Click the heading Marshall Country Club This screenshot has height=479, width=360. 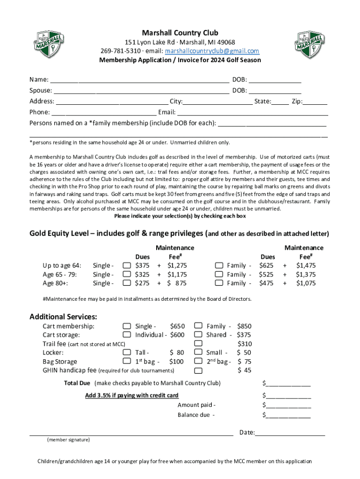click(180, 33)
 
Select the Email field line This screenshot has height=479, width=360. click(252, 113)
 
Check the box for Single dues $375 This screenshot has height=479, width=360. click(127, 266)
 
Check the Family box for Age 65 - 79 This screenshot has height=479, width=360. click(219, 275)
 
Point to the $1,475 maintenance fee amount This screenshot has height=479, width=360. click(306, 266)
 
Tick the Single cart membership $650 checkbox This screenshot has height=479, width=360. click(127, 326)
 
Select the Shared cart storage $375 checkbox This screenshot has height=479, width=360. click(198, 335)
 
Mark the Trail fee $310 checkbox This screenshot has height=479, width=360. click(198, 344)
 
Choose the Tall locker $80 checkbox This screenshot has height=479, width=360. click(127, 353)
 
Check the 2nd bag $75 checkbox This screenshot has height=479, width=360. click(198, 362)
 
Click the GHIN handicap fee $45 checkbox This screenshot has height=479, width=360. click(198, 370)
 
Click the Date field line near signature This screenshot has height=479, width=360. click(290, 433)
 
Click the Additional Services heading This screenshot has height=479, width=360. click(63, 316)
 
